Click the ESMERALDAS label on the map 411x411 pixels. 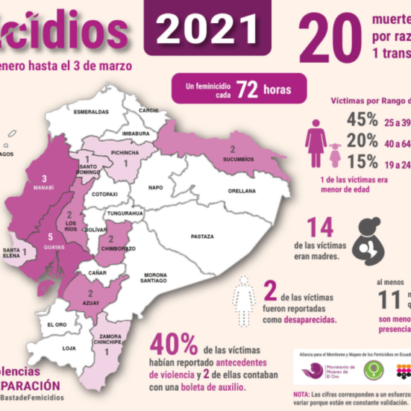[91, 112]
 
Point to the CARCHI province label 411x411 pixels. [149, 110]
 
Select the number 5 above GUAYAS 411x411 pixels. [50, 237]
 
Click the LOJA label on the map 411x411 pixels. [69, 348]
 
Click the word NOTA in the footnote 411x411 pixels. [301, 394]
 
